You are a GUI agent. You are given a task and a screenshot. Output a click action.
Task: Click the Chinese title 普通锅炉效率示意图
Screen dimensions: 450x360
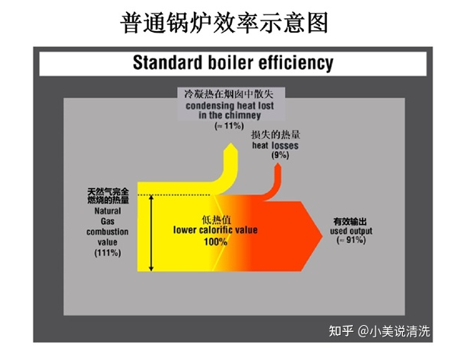pyautogui.click(x=224, y=23)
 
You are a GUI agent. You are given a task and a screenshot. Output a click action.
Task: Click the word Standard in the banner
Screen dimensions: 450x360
pyautogui.click(x=167, y=62)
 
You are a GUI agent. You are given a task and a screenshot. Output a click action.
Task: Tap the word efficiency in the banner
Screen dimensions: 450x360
pyautogui.click(x=296, y=63)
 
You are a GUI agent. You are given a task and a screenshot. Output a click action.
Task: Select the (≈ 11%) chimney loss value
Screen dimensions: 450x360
pyautogui.click(x=230, y=125)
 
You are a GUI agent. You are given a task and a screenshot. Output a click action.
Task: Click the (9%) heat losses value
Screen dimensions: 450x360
pyautogui.click(x=280, y=155)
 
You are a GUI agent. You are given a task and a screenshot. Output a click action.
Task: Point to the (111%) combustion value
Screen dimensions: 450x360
pyautogui.click(x=108, y=253)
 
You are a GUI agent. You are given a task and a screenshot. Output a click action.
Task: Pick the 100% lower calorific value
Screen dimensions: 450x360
pyautogui.click(x=216, y=242)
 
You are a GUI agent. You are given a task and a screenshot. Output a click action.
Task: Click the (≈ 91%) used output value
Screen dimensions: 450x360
pyautogui.click(x=351, y=240)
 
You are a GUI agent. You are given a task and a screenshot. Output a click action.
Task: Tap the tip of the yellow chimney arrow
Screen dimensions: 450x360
pyautogui.click(x=231, y=143)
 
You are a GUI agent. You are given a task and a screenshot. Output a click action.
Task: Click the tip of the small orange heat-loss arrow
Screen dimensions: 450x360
pyautogui.click(x=277, y=163)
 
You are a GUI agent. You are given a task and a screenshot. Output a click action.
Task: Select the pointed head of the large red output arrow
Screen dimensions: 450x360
pyautogui.click(x=322, y=235)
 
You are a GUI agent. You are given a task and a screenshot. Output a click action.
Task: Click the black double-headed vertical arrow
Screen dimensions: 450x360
pyautogui.click(x=151, y=233)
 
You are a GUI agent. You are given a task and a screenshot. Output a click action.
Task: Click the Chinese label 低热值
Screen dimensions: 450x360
pyautogui.click(x=216, y=220)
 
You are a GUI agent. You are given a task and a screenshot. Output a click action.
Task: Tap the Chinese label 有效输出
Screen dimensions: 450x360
pyautogui.click(x=350, y=222)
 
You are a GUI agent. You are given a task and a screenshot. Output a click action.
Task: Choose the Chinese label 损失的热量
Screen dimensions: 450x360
pyautogui.click(x=275, y=135)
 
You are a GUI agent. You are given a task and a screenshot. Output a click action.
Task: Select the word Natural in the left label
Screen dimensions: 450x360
pyautogui.click(x=108, y=211)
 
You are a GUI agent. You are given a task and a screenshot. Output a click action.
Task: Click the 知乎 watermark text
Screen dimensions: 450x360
pyautogui.click(x=341, y=331)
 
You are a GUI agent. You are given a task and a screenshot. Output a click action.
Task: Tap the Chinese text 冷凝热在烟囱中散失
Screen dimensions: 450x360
pyautogui.click(x=229, y=94)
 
